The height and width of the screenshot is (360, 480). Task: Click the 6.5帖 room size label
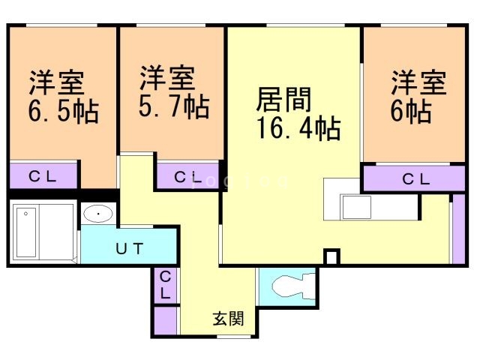(x=64, y=112)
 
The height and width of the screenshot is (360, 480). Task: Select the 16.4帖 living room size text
(x=298, y=128)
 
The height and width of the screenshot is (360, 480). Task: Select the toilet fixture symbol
(x=289, y=287)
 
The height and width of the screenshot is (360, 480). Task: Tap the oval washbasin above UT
(x=98, y=214)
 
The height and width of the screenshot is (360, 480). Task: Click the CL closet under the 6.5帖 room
(x=43, y=177)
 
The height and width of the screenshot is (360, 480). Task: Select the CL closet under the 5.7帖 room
(x=187, y=178)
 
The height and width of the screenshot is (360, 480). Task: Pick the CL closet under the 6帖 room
(x=415, y=179)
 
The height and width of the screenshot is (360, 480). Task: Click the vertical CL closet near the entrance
(x=166, y=286)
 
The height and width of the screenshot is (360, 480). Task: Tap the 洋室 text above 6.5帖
(x=57, y=80)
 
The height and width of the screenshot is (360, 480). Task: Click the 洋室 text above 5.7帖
(x=167, y=76)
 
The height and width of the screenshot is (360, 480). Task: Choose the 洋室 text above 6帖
(x=418, y=80)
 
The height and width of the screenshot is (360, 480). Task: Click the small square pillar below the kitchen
(x=331, y=257)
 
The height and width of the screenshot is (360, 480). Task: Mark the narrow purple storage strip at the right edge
(x=458, y=229)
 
